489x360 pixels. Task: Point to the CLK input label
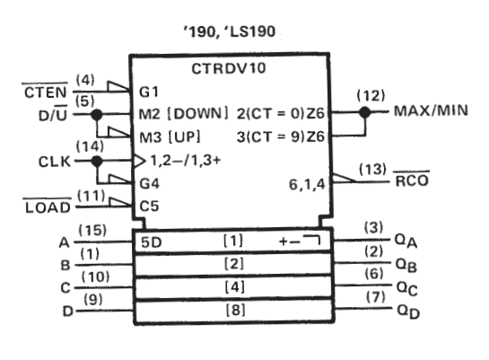point(52,162)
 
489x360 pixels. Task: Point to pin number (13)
point(371,167)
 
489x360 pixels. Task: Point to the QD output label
point(407,310)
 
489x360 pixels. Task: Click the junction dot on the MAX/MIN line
point(364,113)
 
